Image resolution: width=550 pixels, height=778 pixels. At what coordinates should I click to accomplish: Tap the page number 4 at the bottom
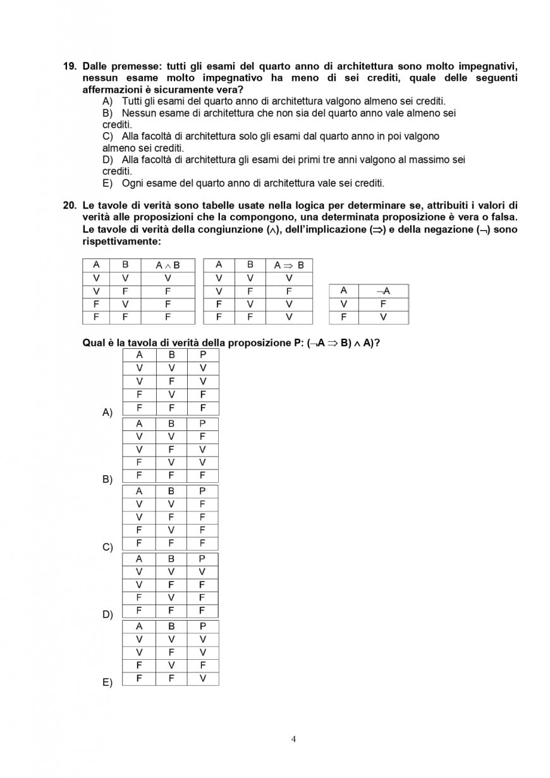coord(293,739)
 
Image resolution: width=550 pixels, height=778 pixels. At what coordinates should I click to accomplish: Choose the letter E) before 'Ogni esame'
coord(107,183)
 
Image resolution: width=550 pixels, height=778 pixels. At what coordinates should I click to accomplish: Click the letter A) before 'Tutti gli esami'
coord(107,101)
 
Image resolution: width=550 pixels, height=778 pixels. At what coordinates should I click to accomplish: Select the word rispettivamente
coord(121,241)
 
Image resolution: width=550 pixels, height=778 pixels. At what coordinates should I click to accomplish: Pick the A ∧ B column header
coord(168,265)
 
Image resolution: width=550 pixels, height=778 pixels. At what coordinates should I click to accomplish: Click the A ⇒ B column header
coord(289,265)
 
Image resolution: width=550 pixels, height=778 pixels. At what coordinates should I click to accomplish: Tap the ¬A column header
coord(383,291)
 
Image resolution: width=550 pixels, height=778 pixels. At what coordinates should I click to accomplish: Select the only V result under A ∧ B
coord(168,278)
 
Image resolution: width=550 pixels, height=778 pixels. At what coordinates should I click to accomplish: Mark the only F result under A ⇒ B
coord(289,291)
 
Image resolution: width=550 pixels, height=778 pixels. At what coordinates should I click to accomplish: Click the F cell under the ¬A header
coord(383,304)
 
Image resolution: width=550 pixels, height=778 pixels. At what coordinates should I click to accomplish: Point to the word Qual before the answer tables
coord(94,343)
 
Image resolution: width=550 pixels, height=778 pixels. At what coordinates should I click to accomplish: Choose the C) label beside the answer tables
coord(107,547)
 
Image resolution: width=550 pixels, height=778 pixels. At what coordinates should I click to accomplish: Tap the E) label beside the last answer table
coord(107,682)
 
